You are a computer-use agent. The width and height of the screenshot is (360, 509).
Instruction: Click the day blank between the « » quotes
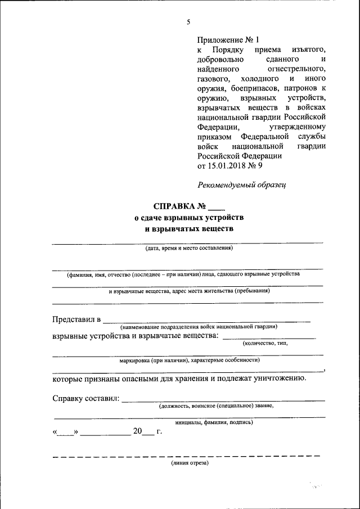point(65,433)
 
